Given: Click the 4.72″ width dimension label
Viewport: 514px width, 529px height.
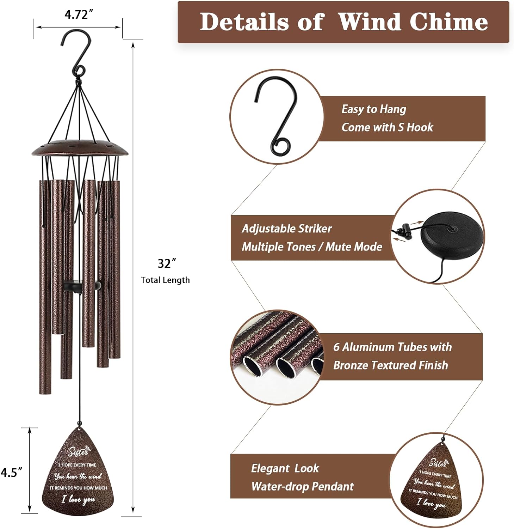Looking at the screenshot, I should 79,15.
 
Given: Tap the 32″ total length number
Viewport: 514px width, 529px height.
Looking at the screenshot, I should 166,263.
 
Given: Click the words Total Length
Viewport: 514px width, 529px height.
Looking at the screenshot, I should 165,280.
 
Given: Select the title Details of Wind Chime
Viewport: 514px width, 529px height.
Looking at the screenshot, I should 343,22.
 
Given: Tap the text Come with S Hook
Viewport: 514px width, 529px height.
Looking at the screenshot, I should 387,127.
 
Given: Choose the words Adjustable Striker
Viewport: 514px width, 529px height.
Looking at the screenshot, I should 286,229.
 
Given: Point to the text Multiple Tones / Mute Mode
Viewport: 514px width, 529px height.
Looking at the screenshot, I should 312,247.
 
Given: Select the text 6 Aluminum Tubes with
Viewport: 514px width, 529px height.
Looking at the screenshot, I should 392,347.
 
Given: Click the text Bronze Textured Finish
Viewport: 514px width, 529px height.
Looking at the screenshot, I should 390,365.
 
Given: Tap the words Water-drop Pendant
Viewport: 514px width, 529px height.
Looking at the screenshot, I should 302,486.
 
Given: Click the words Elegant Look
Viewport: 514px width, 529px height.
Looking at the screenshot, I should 285,468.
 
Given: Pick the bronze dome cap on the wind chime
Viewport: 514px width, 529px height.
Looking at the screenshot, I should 80,148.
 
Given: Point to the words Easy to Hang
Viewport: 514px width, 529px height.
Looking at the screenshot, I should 374,109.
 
